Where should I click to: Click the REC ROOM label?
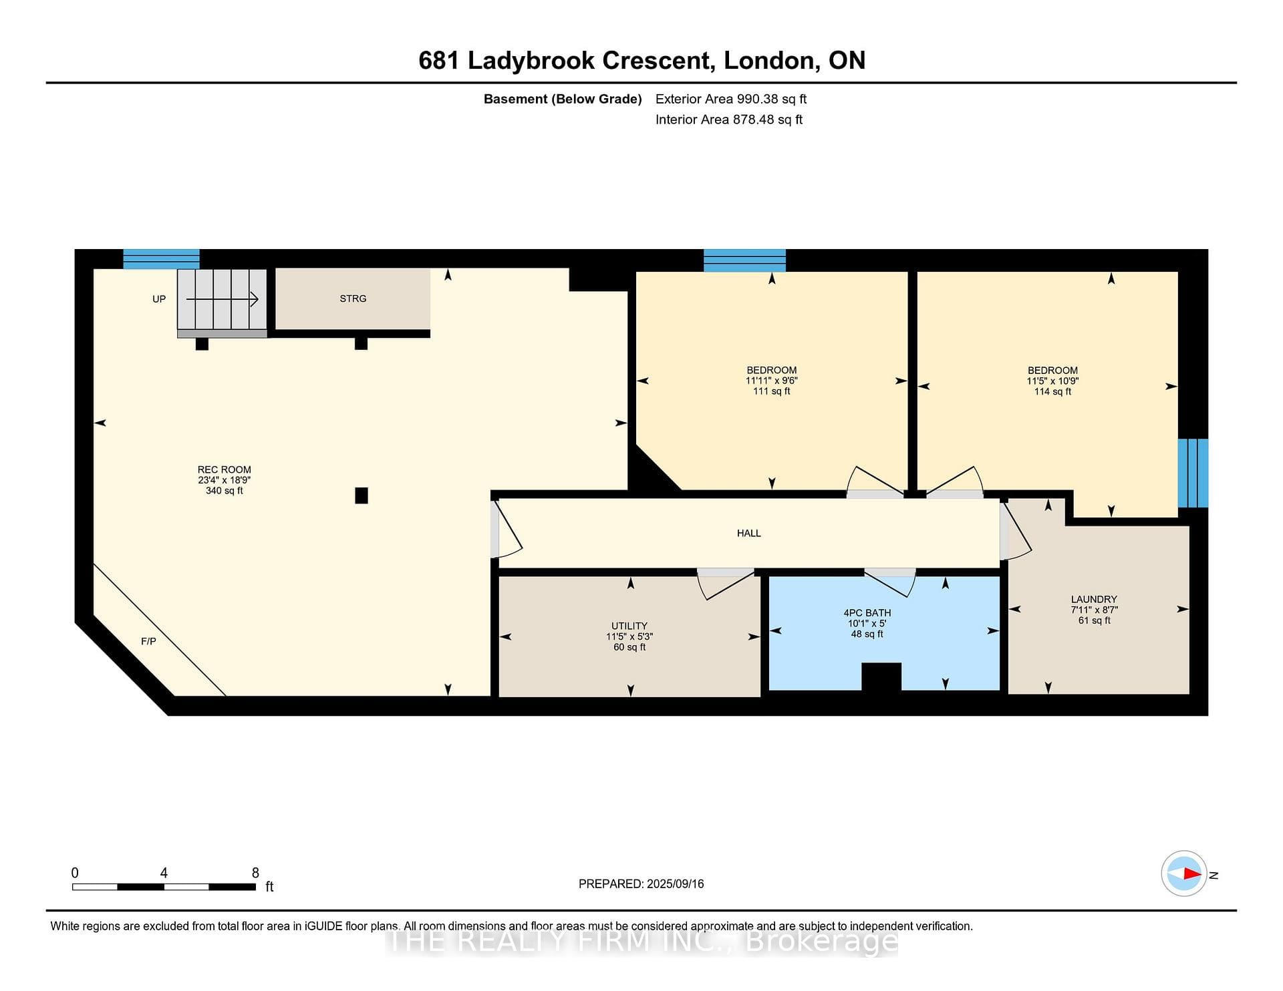point(225,469)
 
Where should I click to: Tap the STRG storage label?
point(353,299)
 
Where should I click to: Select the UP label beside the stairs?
point(159,299)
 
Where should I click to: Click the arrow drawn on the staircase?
point(222,299)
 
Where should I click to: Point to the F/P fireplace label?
point(148,641)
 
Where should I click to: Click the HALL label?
point(748,533)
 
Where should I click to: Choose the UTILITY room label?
point(629,626)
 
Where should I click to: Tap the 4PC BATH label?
point(867,612)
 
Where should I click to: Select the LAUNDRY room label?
point(1094,599)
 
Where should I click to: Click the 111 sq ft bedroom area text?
point(772,391)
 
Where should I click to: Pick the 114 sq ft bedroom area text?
point(1052,391)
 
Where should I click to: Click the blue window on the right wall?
point(1193,473)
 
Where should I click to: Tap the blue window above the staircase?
point(161,259)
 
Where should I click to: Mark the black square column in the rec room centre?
point(362,495)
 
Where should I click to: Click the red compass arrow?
point(1192,873)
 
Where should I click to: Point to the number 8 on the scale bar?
point(255,873)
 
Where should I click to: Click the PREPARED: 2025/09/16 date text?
point(641,883)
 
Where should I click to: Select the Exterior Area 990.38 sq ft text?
point(731,99)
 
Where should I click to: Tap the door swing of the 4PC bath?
point(889,583)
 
